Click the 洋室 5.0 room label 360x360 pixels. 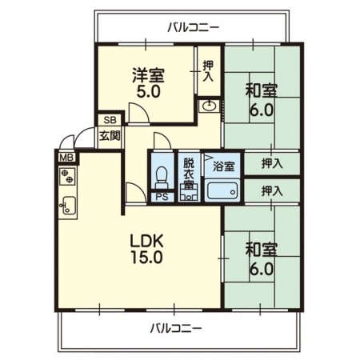pos(148,82)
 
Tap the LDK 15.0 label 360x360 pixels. pos(146,249)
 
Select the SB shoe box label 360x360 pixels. pos(110,120)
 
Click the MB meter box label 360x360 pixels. pos(66,158)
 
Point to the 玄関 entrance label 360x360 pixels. pos(110,136)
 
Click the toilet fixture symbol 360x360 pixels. pos(162,177)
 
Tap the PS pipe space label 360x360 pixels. pos(162,197)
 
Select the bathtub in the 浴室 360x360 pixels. pos(222,190)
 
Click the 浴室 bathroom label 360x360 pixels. pos(224,166)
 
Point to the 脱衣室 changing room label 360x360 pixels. pos(189,174)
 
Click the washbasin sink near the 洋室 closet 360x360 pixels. pos(210,106)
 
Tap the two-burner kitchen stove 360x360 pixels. pos(67,176)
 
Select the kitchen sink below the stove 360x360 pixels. pos(68,205)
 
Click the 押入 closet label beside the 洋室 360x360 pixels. pos(208,71)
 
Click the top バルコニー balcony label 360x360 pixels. pos(194,27)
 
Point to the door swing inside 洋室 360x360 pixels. pos(138,113)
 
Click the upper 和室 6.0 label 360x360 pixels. pos(262,100)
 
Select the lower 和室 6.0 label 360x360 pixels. pos(262,259)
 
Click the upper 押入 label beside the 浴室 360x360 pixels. pos(272,163)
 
